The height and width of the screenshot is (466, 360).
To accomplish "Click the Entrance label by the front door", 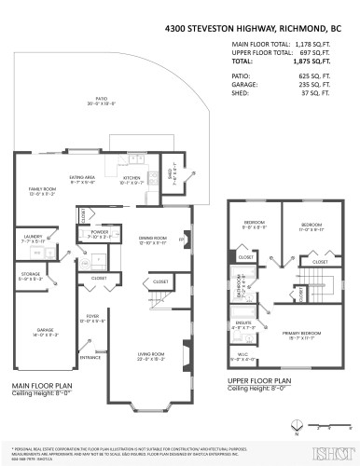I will tap(90, 357).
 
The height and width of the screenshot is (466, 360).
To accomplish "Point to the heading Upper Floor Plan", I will tap(258, 381).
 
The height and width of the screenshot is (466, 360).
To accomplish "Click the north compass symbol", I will tap(295, 427).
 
